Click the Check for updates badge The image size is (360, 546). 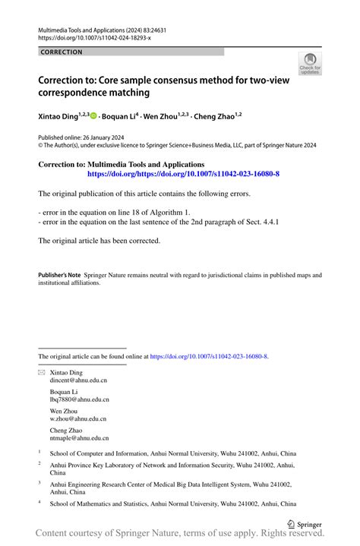click(310, 65)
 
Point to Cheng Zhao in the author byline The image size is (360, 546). click(215, 116)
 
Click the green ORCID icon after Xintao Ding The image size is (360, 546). click(93, 116)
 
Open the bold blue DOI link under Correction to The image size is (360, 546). click(183, 174)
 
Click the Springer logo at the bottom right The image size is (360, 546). click(305, 523)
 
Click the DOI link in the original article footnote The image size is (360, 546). click(209, 355)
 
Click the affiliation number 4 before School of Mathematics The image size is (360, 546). click(40, 502)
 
